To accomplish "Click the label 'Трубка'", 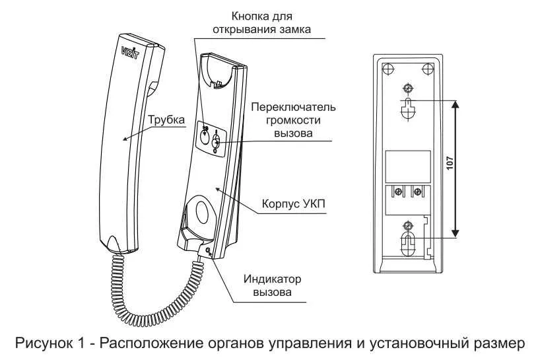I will point(165,120).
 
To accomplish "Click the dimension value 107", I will point(450,164).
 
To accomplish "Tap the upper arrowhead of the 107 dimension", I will point(455,104).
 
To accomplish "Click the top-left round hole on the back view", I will point(389,67).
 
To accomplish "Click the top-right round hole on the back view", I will point(428,67).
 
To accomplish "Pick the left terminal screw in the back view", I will point(399,192).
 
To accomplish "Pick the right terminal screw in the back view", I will point(417,192).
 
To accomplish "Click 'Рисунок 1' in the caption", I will point(49,343).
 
